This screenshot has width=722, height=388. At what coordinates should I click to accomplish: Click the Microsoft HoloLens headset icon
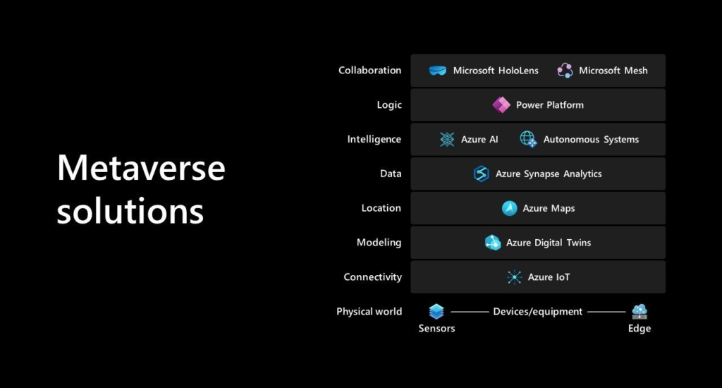(x=438, y=71)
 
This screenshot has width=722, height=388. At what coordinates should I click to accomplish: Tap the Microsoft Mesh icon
(x=565, y=71)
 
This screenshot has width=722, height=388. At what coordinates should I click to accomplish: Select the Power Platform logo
(x=501, y=105)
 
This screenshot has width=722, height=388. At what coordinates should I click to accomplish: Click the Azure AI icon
(x=447, y=140)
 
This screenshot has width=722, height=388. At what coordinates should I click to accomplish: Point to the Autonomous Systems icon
(x=528, y=140)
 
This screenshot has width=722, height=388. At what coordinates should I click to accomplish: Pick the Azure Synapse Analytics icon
(x=482, y=174)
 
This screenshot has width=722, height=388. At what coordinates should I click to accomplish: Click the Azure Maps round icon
(x=509, y=208)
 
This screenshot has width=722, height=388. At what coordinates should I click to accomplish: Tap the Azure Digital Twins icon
(x=493, y=243)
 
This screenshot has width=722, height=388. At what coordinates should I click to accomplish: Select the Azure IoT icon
(x=515, y=277)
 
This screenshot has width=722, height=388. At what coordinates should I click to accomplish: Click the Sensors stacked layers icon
(x=436, y=311)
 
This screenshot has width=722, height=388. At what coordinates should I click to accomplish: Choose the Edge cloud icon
(x=640, y=311)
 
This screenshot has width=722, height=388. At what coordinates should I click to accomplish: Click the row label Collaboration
(x=369, y=71)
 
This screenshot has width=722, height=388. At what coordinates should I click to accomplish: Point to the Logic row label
(x=389, y=105)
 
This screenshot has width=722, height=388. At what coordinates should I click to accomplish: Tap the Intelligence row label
(x=374, y=140)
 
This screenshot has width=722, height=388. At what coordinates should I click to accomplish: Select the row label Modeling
(x=379, y=243)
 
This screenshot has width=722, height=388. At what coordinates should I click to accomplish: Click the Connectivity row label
(x=372, y=277)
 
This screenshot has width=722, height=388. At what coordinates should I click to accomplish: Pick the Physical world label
(x=369, y=312)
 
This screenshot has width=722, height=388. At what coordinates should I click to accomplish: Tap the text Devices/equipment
(x=538, y=312)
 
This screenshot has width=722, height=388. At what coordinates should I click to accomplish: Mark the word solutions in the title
(x=130, y=210)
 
